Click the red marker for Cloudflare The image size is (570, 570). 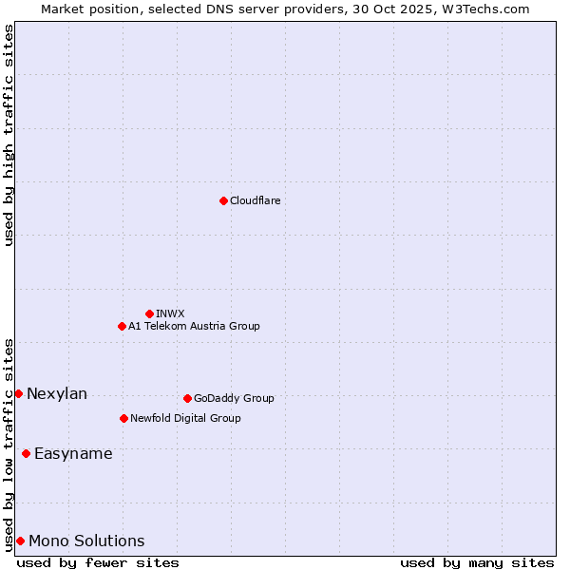click(x=223, y=200)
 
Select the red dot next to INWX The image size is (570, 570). click(x=149, y=313)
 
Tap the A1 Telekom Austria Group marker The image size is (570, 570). click(x=122, y=326)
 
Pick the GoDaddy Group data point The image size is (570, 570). click(x=187, y=398)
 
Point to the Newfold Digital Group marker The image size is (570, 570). click(x=123, y=418)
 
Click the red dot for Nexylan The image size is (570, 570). click(x=18, y=393)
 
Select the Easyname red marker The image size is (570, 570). click(x=26, y=453)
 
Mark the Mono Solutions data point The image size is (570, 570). click(x=20, y=541)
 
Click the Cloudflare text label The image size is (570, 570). click(x=255, y=200)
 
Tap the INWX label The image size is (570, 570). click(x=170, y=313)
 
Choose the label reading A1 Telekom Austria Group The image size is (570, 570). click(x=194, y=326)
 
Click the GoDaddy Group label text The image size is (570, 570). click(x=234, y=398)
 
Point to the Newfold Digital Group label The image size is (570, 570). click(x=185, y=418)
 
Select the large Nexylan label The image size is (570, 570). click(x=57, y=393)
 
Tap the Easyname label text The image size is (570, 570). click(x=73, y=453)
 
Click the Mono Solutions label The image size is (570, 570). click(x=86, y=541)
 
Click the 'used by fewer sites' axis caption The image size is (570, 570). click(x=98, y=562)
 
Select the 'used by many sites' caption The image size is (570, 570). click(x=477, y=562)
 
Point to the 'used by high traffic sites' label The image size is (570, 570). click(x=9, y=135)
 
